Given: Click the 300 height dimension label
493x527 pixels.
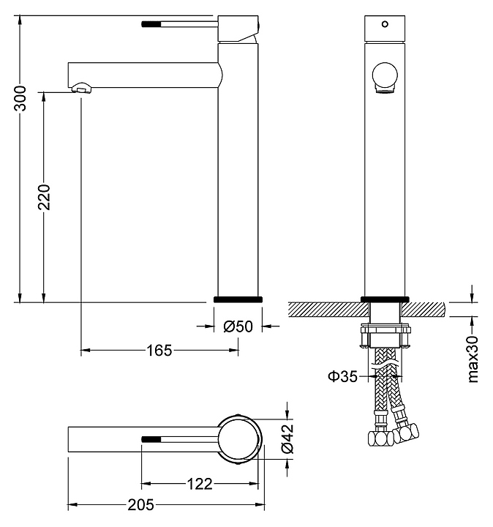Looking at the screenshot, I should pos(22,98).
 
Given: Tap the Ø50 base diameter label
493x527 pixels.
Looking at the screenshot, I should pos(238,326).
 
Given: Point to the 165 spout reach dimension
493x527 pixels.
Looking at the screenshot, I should pos(159,350).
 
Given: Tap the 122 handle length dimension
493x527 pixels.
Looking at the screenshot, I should pos(199,483).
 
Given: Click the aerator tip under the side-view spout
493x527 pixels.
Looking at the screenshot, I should pos(82,89).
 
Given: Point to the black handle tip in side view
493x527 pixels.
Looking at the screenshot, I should pos(148,24).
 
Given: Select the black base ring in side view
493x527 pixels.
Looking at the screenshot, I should pos(238,299).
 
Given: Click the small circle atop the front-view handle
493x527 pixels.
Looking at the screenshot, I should pos(384,24).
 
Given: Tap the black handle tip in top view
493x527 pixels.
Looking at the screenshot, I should pos(150,439).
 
